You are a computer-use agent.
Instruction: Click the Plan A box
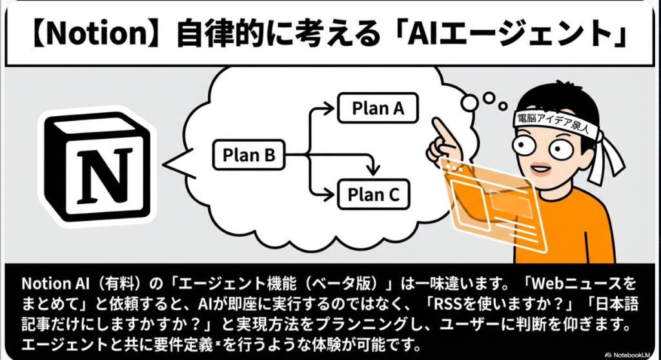[378, 108]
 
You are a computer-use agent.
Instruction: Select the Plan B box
[249, 155]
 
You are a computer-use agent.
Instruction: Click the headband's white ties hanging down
[607, 161]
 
